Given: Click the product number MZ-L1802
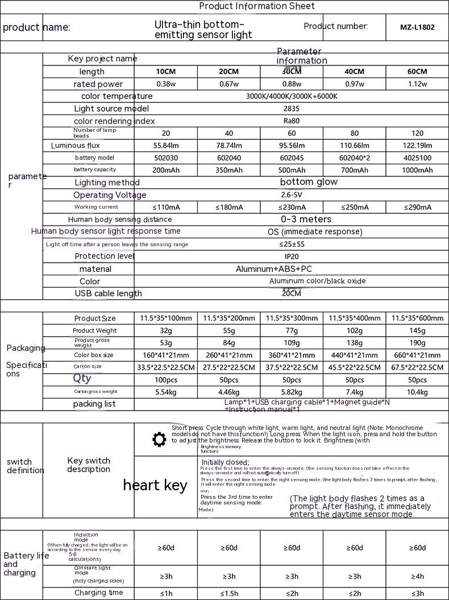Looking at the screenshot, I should (x=417, y=27).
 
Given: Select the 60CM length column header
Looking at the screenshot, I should (x=417, y=72).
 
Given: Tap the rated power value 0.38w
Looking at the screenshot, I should (x=165, y=84).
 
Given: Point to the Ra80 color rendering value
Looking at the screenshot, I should (x=291, y=121).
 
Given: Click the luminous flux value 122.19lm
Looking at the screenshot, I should (x=417, y=146).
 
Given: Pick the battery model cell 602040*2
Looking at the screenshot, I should (x=354, y=158).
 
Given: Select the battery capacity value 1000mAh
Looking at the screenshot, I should (x=417, y=170).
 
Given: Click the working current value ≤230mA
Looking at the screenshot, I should (x=291, y=208).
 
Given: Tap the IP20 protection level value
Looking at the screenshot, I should (x=291, y=256).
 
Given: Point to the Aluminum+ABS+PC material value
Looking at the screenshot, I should (x=291, y=269).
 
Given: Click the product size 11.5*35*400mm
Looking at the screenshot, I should (x=354, y=318).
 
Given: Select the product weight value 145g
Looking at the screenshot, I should (x=417, y=330).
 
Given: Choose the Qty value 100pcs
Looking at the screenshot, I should (x=165, y=380).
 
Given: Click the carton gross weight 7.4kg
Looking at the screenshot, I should (x=354, y=392).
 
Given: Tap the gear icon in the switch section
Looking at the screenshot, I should (x=160, y=440).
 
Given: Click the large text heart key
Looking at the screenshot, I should (x=155, y=485).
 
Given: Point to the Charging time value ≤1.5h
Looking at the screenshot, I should (x=228, y=593).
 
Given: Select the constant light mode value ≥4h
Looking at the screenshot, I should (x=417, y=576).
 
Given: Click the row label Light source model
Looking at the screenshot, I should (x=111, y=109).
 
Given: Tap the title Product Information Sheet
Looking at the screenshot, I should (x=256, y=6).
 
